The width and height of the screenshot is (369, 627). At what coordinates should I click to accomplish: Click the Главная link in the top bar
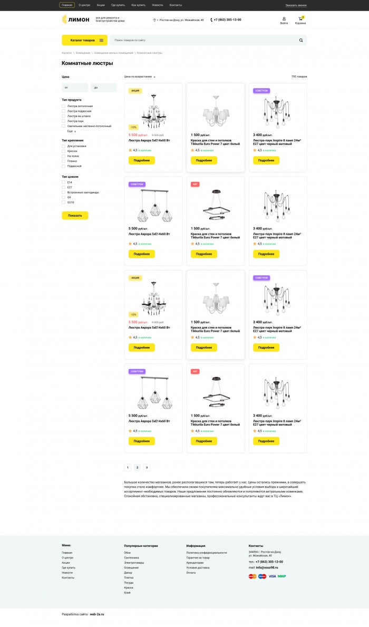[67, 5]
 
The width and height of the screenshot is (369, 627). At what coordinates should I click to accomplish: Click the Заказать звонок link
[296, 5]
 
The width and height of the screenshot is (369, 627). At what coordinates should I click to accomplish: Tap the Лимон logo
[75, 20]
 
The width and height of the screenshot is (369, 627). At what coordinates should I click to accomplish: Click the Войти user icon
[284, 19]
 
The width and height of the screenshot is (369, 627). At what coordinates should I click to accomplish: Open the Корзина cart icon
[300, 19]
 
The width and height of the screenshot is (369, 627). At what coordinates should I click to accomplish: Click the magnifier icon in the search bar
[301, 40]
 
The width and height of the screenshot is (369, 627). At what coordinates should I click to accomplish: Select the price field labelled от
[75, 88]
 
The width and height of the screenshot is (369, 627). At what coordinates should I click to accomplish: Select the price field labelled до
[104, 88]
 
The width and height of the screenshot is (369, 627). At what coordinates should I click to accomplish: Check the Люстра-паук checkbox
[64, 121]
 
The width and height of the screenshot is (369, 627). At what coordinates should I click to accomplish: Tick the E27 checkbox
[64, 187]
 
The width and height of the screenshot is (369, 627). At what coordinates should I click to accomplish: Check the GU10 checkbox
[64, 202]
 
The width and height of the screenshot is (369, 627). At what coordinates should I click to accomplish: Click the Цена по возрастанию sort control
[140, 76]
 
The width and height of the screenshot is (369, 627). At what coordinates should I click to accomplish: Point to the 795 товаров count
[299, 76]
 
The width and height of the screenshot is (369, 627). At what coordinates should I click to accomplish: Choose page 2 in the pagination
[137, 467]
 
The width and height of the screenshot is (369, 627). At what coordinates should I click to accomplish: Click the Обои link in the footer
[127, 553]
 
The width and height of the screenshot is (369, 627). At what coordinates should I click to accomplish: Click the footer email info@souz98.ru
[267, 567]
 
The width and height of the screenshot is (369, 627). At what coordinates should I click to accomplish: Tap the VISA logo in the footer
[272, 576]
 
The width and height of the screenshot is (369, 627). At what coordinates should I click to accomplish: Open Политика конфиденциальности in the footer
[206, 553]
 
